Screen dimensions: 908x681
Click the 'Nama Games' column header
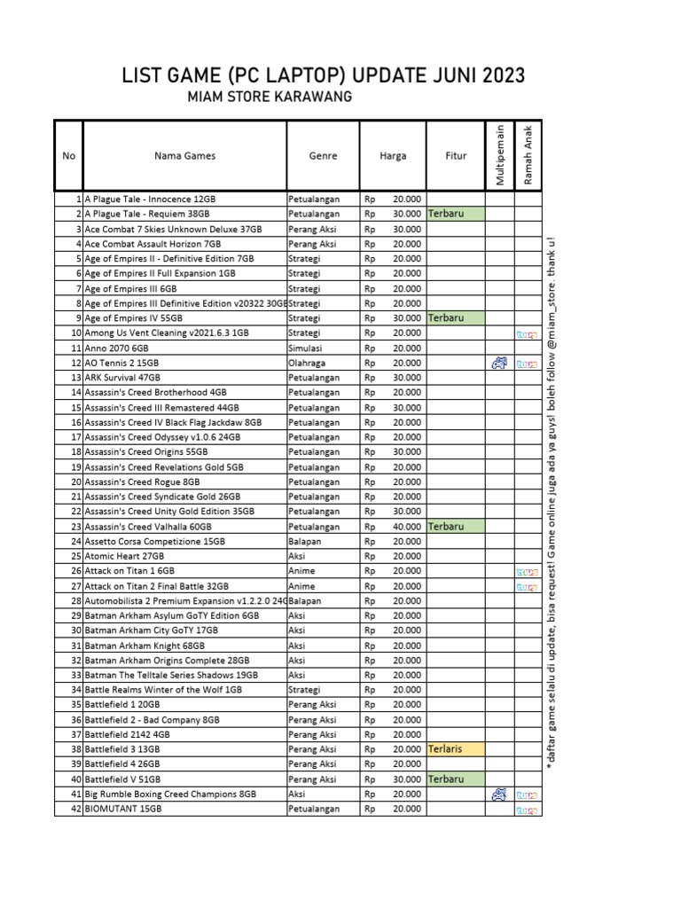pos(184,156)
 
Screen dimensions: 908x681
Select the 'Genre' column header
pos(323,156)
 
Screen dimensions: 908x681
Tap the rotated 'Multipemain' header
pos(500,156)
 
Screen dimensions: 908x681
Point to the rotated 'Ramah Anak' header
pos(528,156)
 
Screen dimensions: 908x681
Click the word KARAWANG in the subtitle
pos(317,96)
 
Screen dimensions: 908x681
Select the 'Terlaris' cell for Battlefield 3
pos(445,749)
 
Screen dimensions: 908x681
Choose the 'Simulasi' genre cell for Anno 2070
pos(306,348)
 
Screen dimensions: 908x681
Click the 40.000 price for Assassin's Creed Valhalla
pos(407,526)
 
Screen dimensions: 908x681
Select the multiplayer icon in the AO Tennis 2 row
pos(499,363)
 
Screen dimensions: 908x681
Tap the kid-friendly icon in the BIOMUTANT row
pos(527,809)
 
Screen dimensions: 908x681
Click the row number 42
pos(76,809)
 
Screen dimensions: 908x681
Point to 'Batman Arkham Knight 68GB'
pos(146,646)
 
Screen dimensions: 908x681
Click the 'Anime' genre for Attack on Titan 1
pos(302,571)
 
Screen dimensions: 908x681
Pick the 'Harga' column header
pos(393,156)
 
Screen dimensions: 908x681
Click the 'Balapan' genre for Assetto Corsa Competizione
pos(305,541)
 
